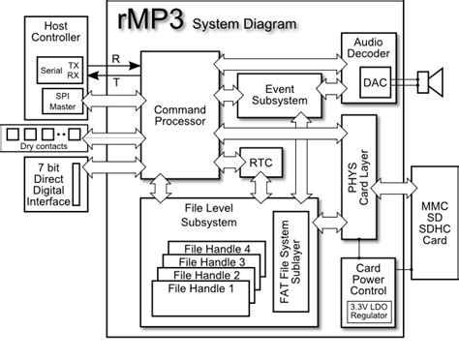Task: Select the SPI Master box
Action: (x=61, y=100)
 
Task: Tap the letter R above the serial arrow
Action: (x=116, y=57)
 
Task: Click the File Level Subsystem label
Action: (x=206, y=214)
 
